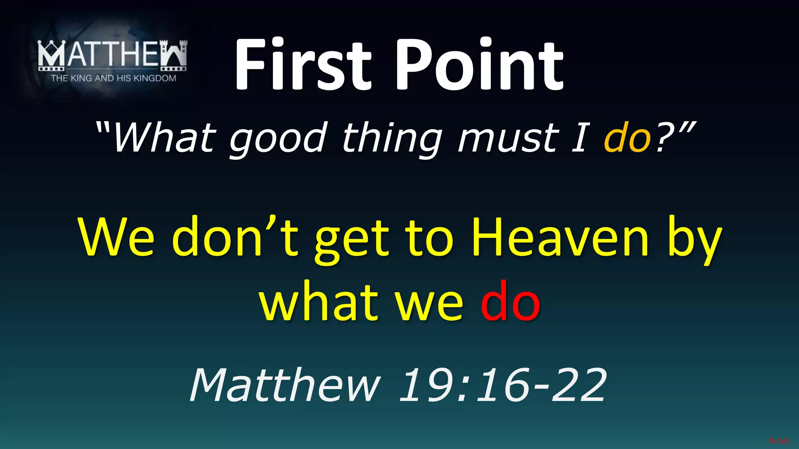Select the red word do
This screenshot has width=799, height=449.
510,301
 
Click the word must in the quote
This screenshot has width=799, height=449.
509,138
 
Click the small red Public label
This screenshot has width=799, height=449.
779,441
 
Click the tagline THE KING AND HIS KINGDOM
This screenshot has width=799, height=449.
113,78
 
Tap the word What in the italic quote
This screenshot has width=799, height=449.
164,138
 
